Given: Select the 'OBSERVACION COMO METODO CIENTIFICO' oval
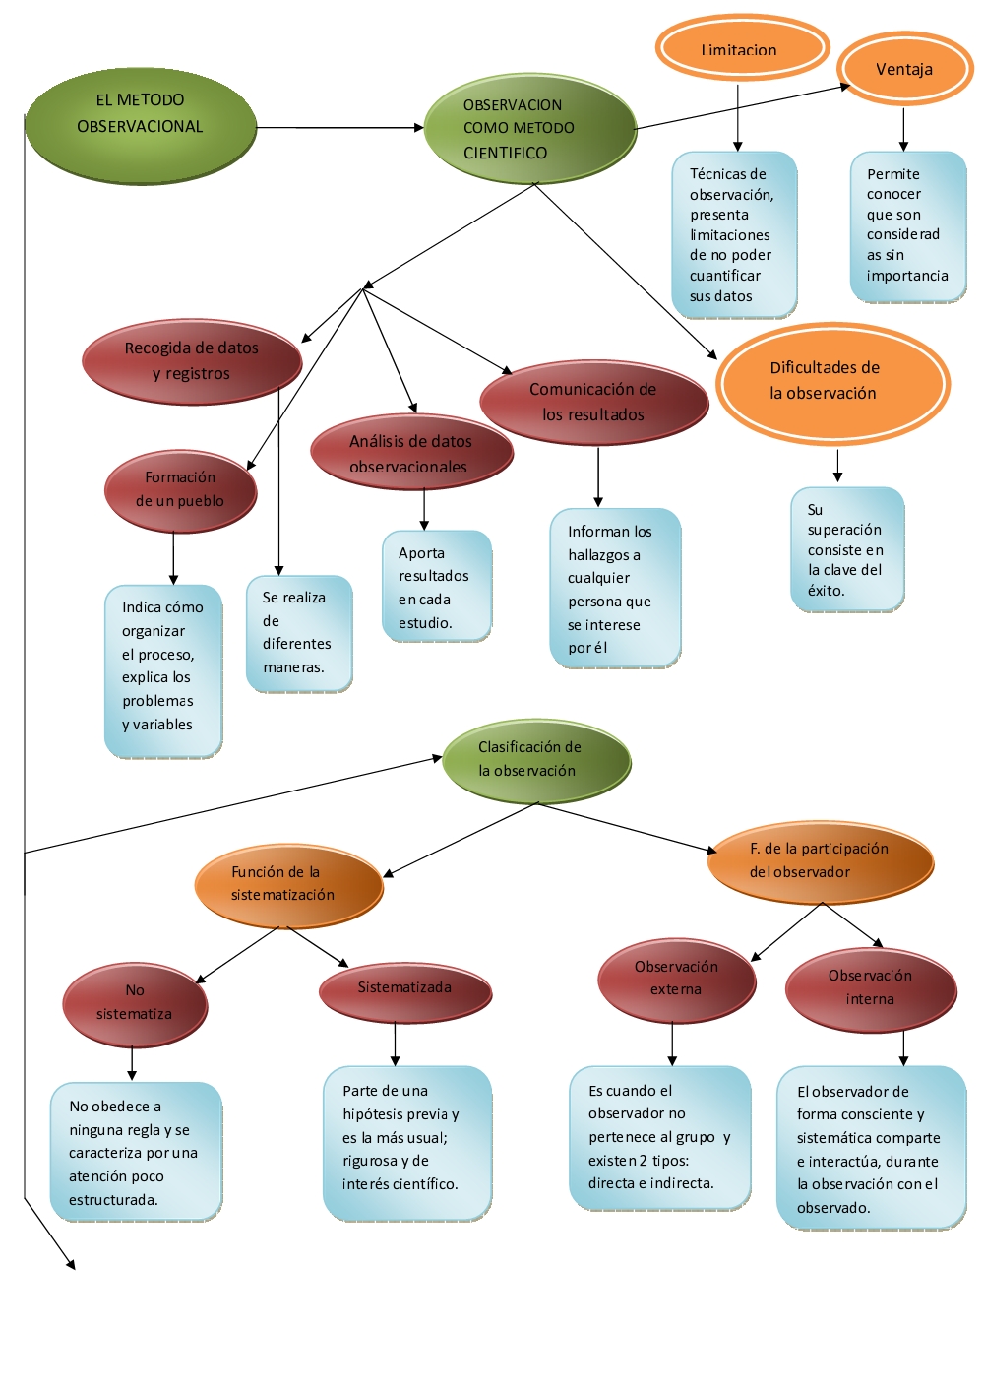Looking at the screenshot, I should tap(530, 129).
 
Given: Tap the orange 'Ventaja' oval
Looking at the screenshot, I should tap(904, 69).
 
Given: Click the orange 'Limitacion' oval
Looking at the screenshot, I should tap(741, 47).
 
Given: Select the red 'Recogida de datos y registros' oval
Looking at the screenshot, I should tap(192, 361).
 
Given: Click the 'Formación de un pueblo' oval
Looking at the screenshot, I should tap(180, 490).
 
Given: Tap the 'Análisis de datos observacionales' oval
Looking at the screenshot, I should tap(411, 452).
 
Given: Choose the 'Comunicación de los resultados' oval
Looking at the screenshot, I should tap(593, 402).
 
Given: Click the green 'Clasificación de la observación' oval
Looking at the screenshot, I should tap(536, 760).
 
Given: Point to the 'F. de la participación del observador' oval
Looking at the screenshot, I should tap(820, 861).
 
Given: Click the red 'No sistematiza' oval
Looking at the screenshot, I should tap(135, 1003).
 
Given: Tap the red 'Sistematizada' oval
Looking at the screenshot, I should tap(404, 989).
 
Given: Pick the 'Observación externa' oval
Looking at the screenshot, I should tap(676, 980).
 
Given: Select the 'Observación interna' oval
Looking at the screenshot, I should tap(871, 988).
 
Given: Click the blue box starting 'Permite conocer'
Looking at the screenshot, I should tap(907, 226).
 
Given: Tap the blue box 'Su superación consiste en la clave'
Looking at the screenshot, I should tap(847, 549).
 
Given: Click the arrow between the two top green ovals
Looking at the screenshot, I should tap(339, 128).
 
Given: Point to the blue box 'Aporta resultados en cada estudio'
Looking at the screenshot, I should tap(436, 587).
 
